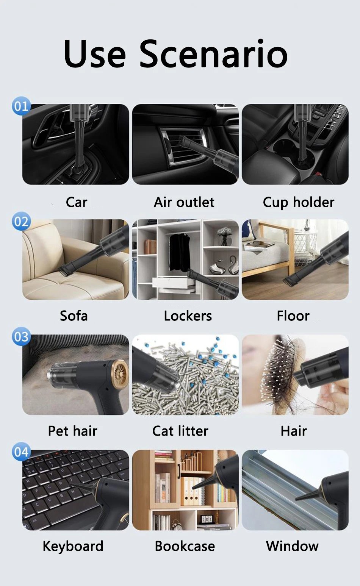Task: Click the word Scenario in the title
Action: click(213, 54)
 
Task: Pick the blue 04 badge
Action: click(21, 452)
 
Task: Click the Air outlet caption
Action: click(184, 202)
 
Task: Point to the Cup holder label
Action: click(299, 203)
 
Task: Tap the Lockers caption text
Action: click(188, 316)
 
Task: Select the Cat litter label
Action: click(180, 431)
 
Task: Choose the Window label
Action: click(292, 546)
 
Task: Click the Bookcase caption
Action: click(185, 546)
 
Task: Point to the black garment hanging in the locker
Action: click(180, 252)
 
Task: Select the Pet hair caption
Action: click(72, 431)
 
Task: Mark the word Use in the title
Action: click(94, 54)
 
